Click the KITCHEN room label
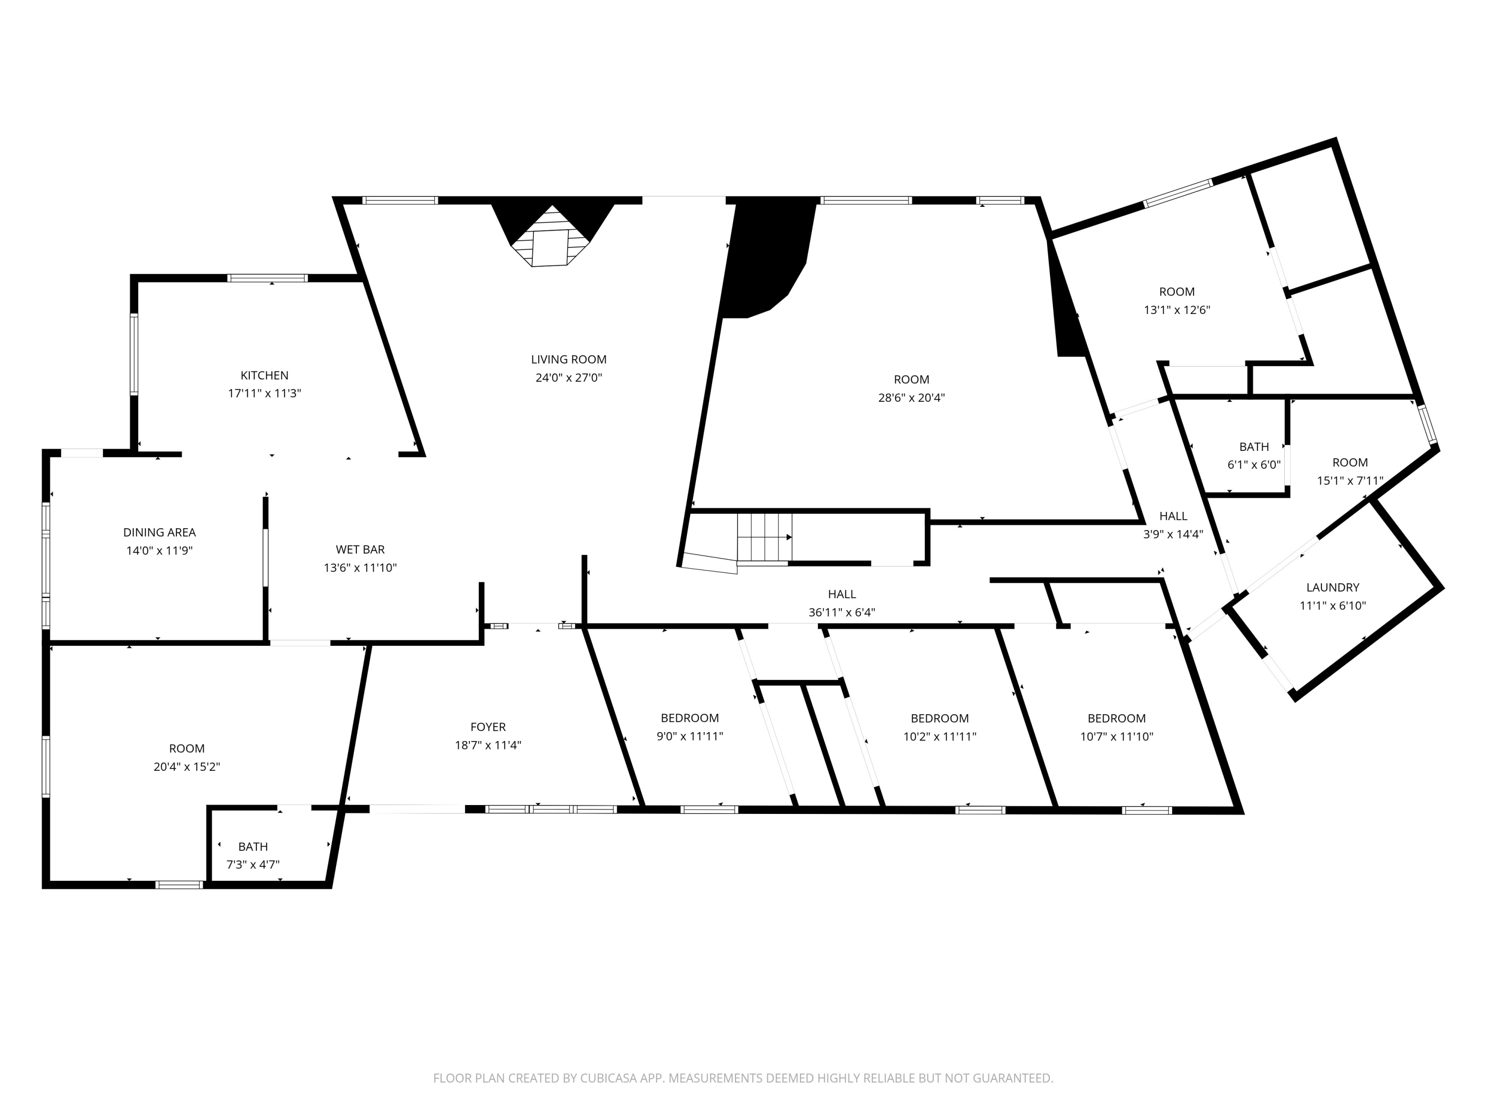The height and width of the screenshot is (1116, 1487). pos(264,375)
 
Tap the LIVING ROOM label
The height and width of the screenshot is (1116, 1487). pos(569,359)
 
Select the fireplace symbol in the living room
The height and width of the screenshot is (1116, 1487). pos(553,236)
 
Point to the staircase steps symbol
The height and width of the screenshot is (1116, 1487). pos(764,537)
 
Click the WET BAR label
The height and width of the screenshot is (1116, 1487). pos(360,550)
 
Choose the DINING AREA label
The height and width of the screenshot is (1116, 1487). pos(159,532)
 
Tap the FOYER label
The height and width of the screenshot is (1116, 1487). pos(488,727)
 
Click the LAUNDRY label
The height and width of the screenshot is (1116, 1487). pos(1332,587)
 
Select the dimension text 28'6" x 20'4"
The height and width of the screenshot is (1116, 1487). pos(912,398)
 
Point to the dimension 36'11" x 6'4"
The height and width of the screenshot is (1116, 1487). pos(842,612)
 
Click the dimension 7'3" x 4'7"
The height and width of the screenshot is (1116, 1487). pos(253,865)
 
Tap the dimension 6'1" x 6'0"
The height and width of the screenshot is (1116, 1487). pos(1254,464)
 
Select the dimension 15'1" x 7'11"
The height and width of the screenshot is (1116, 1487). pos(1350,480)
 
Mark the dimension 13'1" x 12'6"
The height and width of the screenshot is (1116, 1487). pos(1177,310)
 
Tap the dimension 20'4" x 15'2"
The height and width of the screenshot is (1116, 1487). pos(187,766)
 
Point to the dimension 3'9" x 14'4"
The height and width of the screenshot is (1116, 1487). pos(1173,534)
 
